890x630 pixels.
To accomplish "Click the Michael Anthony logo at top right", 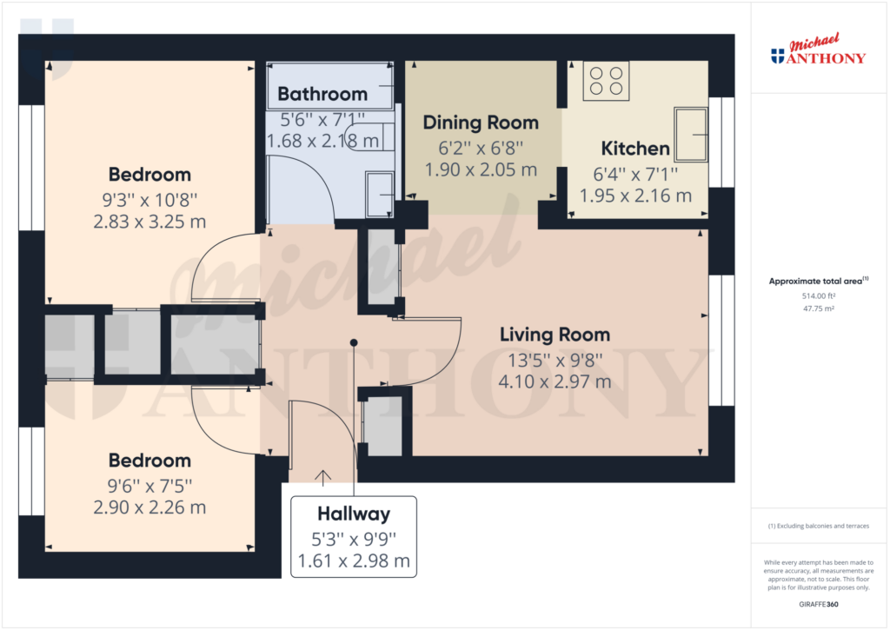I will click(x=819, y=51).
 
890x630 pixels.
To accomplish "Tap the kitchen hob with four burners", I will click(x=606, y=80).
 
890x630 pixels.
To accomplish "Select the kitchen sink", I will click(x=693, y=134).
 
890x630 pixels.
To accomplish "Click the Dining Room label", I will click(x=481, y=123).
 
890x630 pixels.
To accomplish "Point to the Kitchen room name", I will click(x=635, y=149).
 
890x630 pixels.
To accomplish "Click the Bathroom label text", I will click(x=322, y=94).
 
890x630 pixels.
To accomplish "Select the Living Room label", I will click(x=555, y=335).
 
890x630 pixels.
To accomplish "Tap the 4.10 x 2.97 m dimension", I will click(x=555, y=381).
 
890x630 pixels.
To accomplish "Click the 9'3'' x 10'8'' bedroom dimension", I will click(x=149, y=198).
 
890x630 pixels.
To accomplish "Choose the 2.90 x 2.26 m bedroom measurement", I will click(x=149, y=507).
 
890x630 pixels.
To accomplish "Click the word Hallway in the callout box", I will click(x=353, y=514).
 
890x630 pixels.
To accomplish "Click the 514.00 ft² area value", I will click(x=818, y=295).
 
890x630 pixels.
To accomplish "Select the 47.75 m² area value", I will click(x=818, y=308).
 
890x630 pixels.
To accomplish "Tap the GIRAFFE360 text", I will click(x=818, y=604).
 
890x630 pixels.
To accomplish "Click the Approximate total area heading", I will click(x=818, y=281).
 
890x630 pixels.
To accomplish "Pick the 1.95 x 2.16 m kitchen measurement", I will click(x=635, y=196).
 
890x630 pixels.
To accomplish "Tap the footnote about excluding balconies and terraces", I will click(x=818, y=526).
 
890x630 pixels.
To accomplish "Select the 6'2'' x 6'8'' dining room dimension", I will click(x=481, y=147).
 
